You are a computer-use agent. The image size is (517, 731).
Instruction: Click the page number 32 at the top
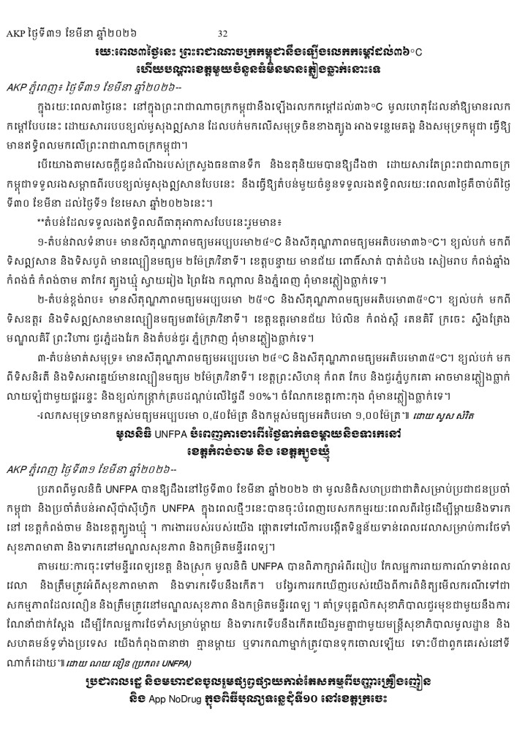pyautogui.click(x=223, y=34)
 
